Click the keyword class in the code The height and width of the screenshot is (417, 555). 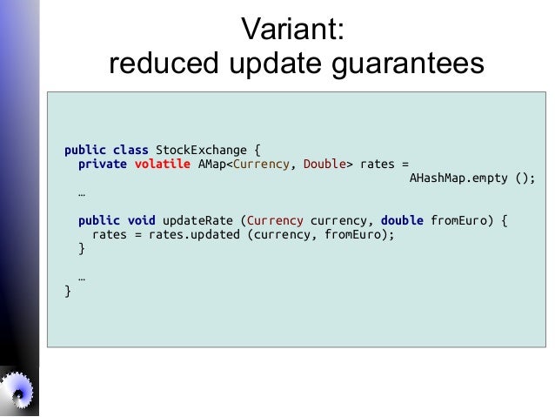(130, 149)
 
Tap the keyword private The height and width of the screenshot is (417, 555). (103, 164)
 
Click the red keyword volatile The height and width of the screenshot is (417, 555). (162, 164)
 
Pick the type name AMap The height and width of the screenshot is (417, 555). (211, 164)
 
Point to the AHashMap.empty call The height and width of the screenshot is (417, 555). (460, 178)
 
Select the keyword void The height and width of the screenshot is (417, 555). (141, 220)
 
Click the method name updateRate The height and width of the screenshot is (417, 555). (197, 220)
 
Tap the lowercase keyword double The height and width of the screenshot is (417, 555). (403, 220)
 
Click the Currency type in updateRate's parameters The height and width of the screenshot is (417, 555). (276, 220)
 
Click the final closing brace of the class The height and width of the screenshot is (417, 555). (68, 292)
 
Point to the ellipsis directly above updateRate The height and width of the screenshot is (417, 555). (81, 193)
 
